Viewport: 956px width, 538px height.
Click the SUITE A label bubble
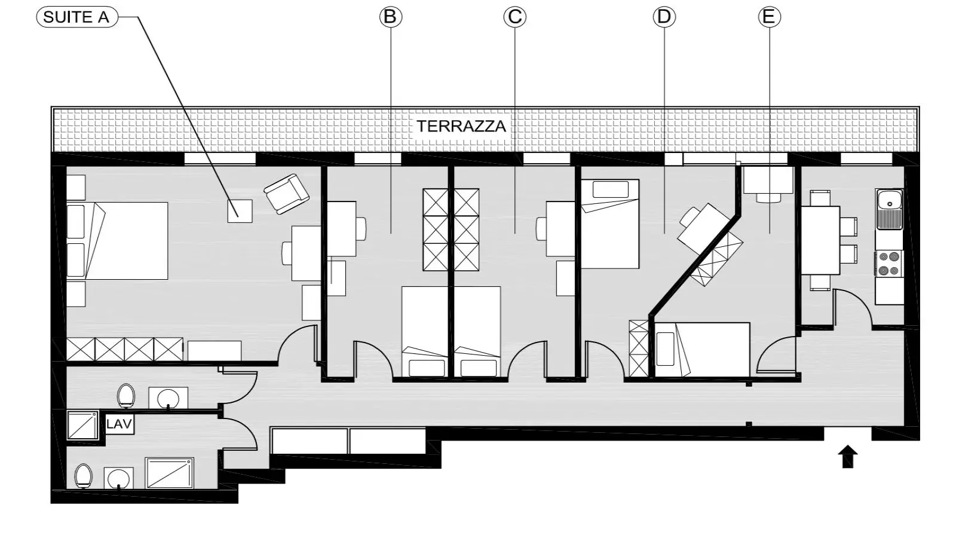pyautogui.click(x=77, y=17)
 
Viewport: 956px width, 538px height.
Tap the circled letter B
pyautogui.click(x=391, y=17)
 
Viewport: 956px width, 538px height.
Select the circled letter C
pyautogui.click(x=514, y=17)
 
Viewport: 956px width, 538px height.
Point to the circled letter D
pyautogui.click(x=664, y=17)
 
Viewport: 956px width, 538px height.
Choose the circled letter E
pyautogui.click(x=769, y=17)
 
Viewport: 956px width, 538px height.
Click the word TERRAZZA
pyautogui.click(x=461, y=126)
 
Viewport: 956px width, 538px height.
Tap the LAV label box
pyautogui.click(x=119, y=424)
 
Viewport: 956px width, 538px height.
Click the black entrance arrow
pyautogui.click(x=848, y=457)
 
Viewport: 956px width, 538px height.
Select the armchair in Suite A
pyautogui.click(x=286, y=194)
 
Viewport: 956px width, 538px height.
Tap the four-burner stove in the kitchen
pyautogui.click(x=889, y=264)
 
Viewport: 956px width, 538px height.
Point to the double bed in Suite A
pyautogui.click(x=117, y=241)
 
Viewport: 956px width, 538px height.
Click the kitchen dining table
pyautogui.click(x=820, y=240)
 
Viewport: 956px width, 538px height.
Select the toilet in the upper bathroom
pyautogui.click(x=126, y=396)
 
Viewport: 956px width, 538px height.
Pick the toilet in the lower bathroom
pyautogui.click(x=83, y=476)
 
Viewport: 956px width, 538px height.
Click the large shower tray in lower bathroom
pyautogui.click(x=170, y=473)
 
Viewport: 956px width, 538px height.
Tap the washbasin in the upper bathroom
pyautogui.click(x=168, y=398)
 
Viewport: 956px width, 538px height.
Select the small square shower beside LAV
pyautogui.click(x=83, y=425)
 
